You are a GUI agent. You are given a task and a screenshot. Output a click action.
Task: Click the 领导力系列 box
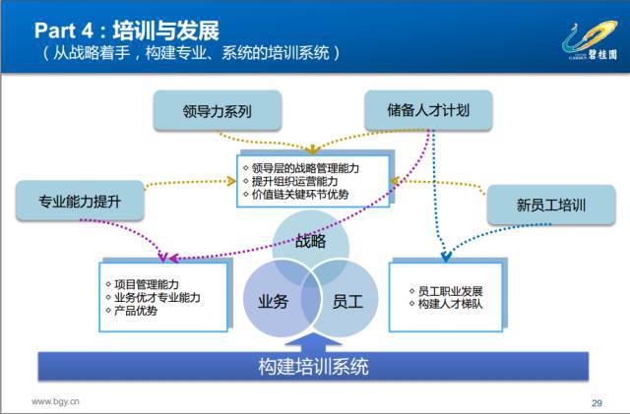(217, 110)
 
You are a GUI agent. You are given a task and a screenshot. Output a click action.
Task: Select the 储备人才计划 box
(428, 110)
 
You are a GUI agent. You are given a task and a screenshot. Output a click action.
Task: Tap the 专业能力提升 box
(80, 201)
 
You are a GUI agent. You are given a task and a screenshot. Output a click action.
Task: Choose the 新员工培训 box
(551, 205)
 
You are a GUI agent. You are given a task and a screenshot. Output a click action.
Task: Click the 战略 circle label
(311, 241)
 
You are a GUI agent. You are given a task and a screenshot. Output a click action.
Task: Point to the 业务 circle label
(274, 301)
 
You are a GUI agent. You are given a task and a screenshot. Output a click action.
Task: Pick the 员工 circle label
(347, 301)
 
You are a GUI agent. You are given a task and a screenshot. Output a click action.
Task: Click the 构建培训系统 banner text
(313, 366)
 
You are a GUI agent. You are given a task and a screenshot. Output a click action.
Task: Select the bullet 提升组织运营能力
(290, 181)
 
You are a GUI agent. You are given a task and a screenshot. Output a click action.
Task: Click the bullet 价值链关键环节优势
(296, 195)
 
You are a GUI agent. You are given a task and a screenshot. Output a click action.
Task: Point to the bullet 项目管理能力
(143, 284)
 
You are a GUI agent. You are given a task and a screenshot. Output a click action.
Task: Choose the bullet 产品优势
(132, 311)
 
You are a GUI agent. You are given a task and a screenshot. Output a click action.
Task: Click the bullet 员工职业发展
(446, 291)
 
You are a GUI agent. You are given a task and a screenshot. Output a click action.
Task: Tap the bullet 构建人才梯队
(446, 304)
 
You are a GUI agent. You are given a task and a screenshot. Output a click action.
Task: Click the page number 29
(597, 403)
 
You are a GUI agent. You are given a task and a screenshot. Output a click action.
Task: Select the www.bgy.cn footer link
(55, 401)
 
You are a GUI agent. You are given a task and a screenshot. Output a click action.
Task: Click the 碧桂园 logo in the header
(590, 40)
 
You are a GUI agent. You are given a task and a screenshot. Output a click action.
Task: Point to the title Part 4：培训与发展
(127, 30)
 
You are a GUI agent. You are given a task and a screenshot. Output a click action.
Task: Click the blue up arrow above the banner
(313, 343)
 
